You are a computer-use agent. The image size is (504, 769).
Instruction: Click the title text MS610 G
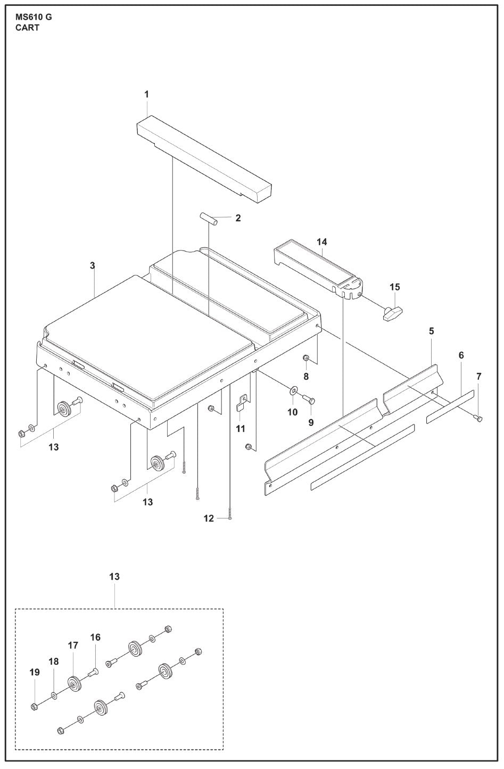[x=34, y=17]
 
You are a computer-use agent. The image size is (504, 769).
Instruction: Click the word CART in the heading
[x=27, y=28]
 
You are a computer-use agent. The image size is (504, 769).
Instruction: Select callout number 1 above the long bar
[x=146, y=94]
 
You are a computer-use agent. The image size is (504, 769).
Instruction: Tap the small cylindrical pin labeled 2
[x=208, y=219]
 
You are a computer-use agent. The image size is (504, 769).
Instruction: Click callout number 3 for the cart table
[x=92, y=265]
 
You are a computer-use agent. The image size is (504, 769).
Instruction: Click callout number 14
[x=321, y=242]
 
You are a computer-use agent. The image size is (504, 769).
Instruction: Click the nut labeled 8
[x=306, y=357]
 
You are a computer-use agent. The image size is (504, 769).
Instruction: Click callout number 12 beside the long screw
[x=208, y=518]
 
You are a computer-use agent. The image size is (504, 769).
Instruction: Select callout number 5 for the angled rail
[x=431, y=331]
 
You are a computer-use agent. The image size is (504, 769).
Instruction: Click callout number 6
[x=461, y=355]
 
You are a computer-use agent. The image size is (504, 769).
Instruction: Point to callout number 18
[x=54, y=661]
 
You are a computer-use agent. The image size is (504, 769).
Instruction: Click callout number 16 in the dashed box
[x=95, y=637]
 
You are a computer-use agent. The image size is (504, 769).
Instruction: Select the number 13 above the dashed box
[x=114, y=576]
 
